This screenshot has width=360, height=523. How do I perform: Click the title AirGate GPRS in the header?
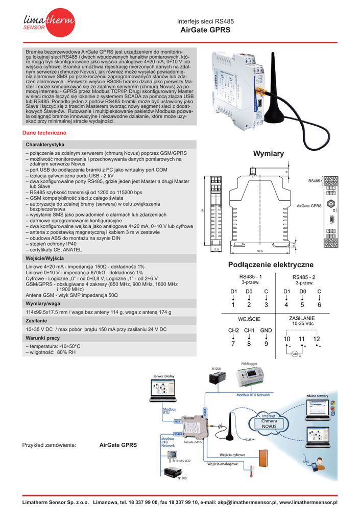tap(205, 30)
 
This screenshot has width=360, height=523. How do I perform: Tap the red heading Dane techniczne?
tap(44, 133)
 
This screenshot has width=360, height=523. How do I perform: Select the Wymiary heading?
tap(268, 154)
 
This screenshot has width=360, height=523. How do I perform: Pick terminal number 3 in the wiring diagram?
tap(266, 305)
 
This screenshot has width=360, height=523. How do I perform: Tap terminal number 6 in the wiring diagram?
tap(319, 305)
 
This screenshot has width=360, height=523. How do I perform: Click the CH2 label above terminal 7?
tap(233, 330)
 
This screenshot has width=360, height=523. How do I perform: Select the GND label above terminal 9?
tap(266, 330)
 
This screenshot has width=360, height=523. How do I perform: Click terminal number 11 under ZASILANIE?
tap(302, 339)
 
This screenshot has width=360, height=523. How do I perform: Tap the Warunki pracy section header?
tap(43, 338)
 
